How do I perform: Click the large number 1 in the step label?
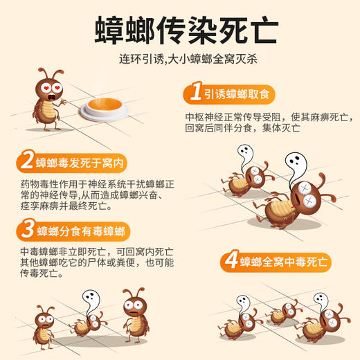click(195, 93)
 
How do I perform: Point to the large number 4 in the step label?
click(229, 262)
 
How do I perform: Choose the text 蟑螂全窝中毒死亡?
click(284, 262)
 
